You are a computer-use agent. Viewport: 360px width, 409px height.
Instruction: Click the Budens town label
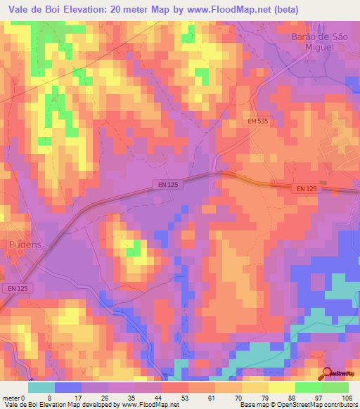click(26, 244)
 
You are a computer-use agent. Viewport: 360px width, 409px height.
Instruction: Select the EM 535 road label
click(259, 122)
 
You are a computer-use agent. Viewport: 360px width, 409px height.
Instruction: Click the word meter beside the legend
click(11, 397)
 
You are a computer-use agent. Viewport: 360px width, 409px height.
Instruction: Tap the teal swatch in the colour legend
click(41, 387)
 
